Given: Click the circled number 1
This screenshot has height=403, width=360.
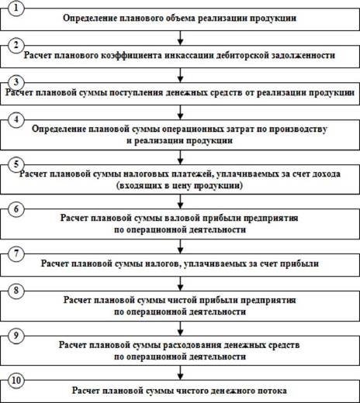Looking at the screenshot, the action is pyautogui.click(x=16, y=9).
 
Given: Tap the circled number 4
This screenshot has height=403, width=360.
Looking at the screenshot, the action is pyautogui.click(x=16, y=119).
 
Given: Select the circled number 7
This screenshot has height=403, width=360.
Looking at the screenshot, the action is pyautogui.click(x=16, y=253).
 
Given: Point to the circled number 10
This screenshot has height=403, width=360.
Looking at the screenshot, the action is pyautogui.click(x=16, y=381).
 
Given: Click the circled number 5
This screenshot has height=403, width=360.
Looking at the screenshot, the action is pyautogui.click(x=16, y=164).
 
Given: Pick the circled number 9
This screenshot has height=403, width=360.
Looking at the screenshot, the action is pyautogui.click(x=16, y=336).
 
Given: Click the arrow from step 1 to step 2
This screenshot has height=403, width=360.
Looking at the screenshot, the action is pyautogui.click(x=181, y=38).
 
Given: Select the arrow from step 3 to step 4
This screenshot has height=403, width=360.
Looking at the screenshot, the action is pyautogui.click(x=181, y=112).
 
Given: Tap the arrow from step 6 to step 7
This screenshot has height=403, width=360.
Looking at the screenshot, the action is pyautogui.click(x=181, y=246).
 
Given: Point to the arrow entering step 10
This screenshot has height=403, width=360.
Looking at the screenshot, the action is pyautogui.click(x=181, y=373).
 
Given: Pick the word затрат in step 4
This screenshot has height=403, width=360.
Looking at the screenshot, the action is pyautogui.click(x=240, y=129).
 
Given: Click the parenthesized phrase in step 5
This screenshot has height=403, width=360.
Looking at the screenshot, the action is pyautogui.click(x=179, y=186).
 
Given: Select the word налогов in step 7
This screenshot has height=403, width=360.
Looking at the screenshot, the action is pyautogui.click(x=161, y=263).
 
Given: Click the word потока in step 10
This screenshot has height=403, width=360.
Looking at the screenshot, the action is pyautogui.click(x=272, y=391).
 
